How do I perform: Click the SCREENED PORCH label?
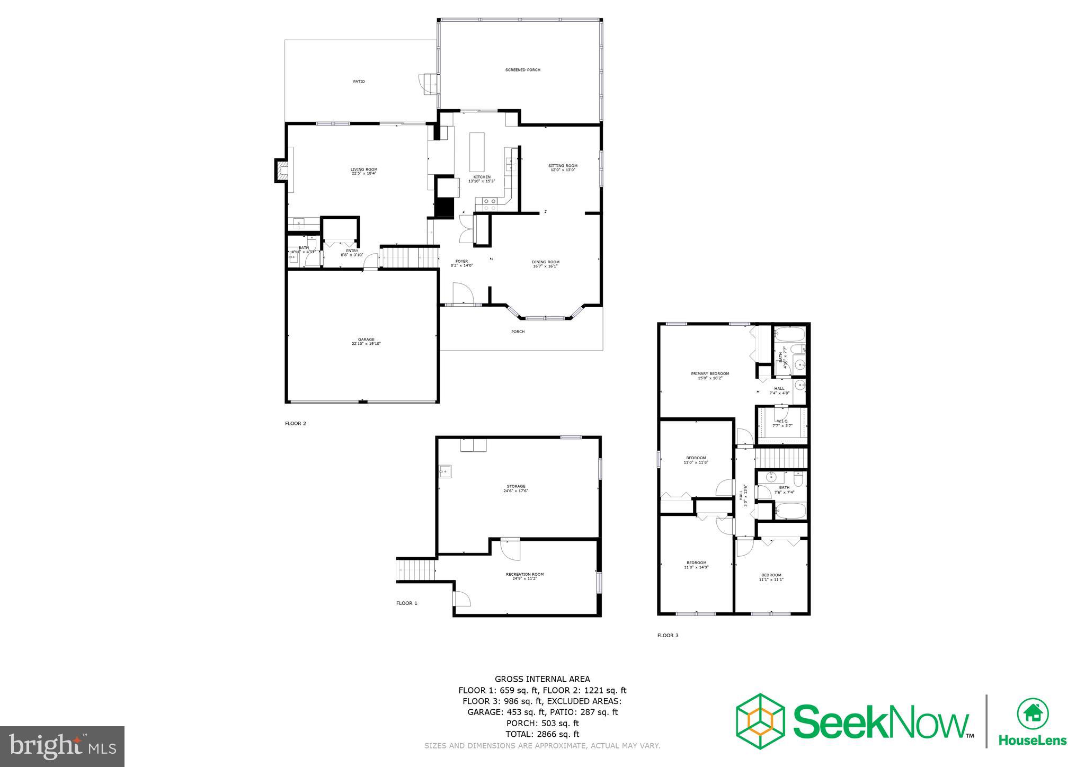tap(522, 70)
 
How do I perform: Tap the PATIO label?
tap(359, 82)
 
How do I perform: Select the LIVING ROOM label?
tap(363, 170)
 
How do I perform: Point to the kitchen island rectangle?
tap(477, 152)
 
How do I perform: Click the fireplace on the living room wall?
tap(281, 171)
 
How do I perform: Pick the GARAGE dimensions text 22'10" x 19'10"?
tap(366, 344)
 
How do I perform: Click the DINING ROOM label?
tap(545, 262)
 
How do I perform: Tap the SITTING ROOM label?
tap(563, 166)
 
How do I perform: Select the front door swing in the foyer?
tap(462, 292)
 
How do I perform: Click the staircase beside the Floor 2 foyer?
tap(410, 257)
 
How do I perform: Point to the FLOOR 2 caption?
tap(296, 423)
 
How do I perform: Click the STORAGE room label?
tap(516, 486)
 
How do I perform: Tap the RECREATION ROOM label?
tap(524, 574)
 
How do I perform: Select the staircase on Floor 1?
tap(416, 570)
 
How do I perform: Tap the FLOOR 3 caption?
tap(668, 635)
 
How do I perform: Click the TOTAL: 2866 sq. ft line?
tap(542, 734)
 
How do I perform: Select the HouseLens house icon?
tap(1033, 713)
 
